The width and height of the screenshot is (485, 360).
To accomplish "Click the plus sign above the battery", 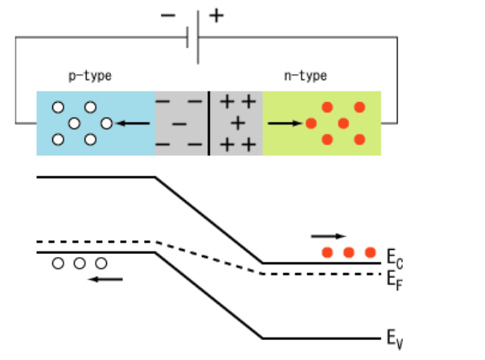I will (216, 14).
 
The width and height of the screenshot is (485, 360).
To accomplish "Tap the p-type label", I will (89, 76).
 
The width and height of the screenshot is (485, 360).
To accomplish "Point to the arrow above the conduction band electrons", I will (328, 236).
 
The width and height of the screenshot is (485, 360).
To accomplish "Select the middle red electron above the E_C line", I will (348, 252).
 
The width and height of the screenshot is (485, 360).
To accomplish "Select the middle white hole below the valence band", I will (79, 264).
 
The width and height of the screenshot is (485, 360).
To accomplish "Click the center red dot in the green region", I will (343, 123).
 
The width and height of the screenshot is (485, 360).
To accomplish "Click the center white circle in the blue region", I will (74, 123).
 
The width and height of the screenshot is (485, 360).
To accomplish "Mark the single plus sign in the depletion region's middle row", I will (237, 123).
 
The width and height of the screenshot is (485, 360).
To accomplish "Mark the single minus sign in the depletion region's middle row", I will (179, 124).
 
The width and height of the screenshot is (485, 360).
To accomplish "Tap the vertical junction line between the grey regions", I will (208, 123).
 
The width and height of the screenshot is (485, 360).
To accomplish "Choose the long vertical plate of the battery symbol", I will (198, 35).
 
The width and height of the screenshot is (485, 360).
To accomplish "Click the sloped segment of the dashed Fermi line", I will (209, 257).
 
